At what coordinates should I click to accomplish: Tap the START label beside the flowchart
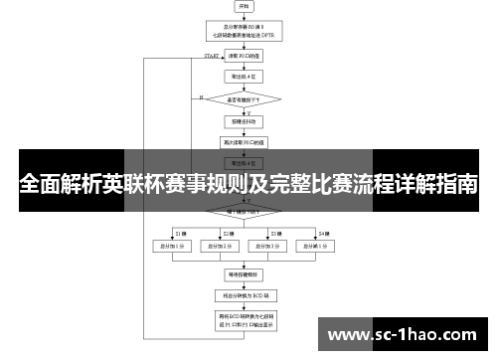click(212, 57)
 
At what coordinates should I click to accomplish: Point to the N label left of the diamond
click(201, 97)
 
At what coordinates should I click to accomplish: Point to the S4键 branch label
click(324, 232)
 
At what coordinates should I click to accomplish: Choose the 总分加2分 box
click(222, 245)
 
